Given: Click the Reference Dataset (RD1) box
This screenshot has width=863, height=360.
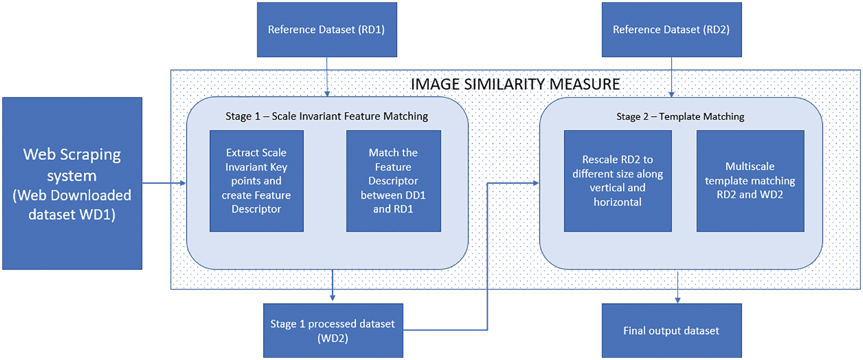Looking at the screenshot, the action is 327,30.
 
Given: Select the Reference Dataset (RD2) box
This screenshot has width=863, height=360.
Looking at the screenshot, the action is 672,30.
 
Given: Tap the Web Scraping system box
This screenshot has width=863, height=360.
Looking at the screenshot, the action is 72,184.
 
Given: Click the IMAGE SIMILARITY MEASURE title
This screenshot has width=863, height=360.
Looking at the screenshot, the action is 515,84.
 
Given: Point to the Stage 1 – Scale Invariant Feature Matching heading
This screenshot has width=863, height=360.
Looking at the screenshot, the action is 327,116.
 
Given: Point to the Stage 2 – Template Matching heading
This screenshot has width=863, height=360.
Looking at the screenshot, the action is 680,117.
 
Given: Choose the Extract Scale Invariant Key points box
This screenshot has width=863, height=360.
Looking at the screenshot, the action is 256,181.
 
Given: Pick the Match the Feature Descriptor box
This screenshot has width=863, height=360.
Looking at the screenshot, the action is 394,181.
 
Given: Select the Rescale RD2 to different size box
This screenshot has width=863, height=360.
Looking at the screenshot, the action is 618,181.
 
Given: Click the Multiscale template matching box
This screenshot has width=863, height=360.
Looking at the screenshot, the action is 750,181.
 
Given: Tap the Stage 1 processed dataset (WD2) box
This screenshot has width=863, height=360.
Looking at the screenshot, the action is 333,331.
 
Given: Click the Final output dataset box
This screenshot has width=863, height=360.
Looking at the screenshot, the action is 672,331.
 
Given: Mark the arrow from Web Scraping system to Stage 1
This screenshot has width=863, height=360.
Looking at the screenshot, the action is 164,183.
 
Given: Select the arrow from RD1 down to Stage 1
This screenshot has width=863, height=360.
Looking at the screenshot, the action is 327,77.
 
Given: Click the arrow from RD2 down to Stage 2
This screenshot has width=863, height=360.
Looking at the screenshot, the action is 672,77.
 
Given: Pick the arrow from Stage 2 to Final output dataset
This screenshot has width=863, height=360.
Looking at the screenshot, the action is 678,287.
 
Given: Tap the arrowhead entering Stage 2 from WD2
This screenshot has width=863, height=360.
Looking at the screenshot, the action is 536,183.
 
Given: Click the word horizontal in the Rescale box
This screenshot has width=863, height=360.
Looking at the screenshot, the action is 618,202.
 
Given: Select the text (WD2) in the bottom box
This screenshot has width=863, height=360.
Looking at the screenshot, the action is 333,338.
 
